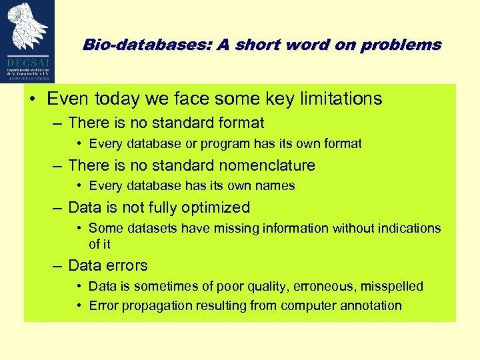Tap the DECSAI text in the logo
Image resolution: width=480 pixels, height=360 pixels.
(29, 59)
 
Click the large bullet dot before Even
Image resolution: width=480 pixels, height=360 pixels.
(33, 99)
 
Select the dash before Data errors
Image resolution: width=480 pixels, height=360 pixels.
(58, 265)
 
